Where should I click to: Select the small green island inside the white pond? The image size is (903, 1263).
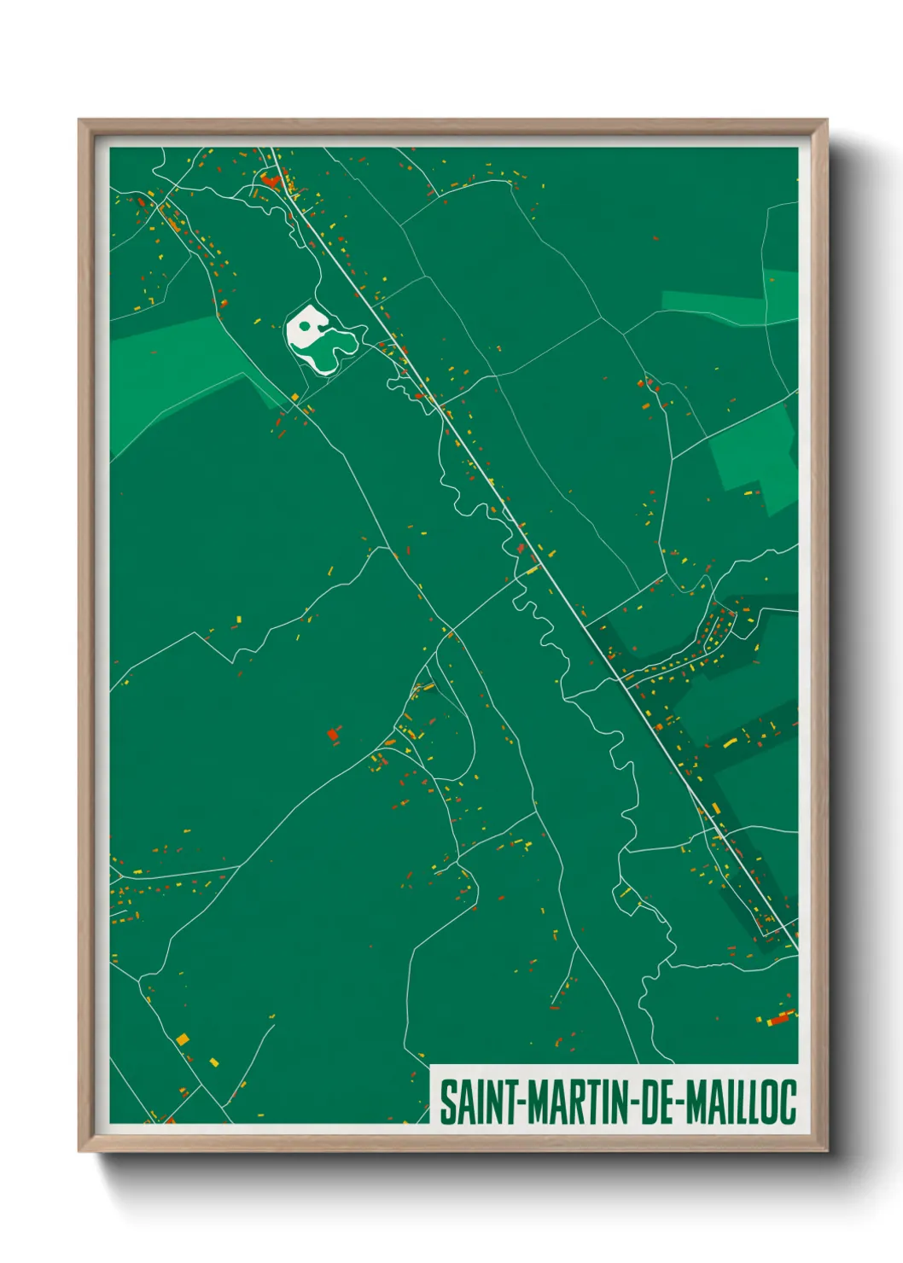tap(304, 325)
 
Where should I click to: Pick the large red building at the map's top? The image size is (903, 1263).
tap(271, 180)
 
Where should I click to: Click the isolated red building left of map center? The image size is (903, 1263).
tap(333, 734)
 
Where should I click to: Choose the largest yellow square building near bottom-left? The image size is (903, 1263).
tap(183, 1039)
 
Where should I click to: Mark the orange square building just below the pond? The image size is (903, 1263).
tap(295, 397)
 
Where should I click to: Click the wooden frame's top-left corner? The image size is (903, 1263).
tap(79, 120)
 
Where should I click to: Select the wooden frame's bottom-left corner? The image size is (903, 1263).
tap(79, 1150)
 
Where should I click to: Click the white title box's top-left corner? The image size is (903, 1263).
tap(430, 1066)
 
